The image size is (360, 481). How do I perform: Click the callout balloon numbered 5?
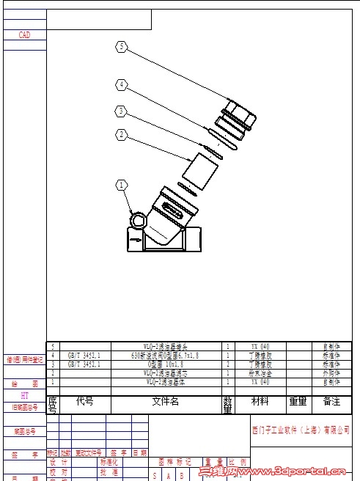122,48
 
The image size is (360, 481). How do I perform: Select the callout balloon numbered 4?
122,85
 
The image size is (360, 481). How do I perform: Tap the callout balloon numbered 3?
122,111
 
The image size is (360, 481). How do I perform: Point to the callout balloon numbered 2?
122,134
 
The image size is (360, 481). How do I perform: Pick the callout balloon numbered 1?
122,185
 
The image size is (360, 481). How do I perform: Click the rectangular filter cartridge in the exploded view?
200,172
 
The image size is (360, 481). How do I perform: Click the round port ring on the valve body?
138,219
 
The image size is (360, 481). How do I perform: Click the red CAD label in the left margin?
25,34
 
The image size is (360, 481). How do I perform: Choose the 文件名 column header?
165,402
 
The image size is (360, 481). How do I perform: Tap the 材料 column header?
260,402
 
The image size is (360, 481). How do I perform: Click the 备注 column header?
331,402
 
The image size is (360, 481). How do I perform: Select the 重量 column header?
297,402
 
